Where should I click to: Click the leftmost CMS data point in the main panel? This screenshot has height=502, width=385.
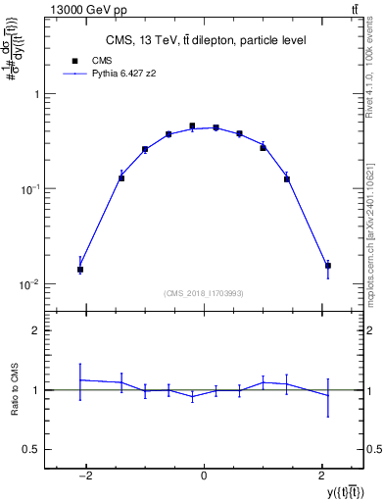pyautogui.click(x=80, y=270)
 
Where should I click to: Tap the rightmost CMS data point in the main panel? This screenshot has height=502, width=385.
pyautogui.click(x=328, y=266)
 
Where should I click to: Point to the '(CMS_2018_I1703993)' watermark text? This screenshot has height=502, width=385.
pyautogui.click(x=204, y=293)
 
